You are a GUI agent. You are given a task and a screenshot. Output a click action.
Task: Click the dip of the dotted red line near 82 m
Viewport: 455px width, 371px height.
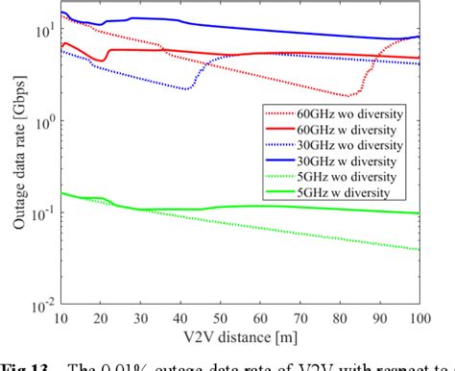(348, 96)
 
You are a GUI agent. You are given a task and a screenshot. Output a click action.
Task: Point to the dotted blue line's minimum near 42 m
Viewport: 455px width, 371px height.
(189, 88)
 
